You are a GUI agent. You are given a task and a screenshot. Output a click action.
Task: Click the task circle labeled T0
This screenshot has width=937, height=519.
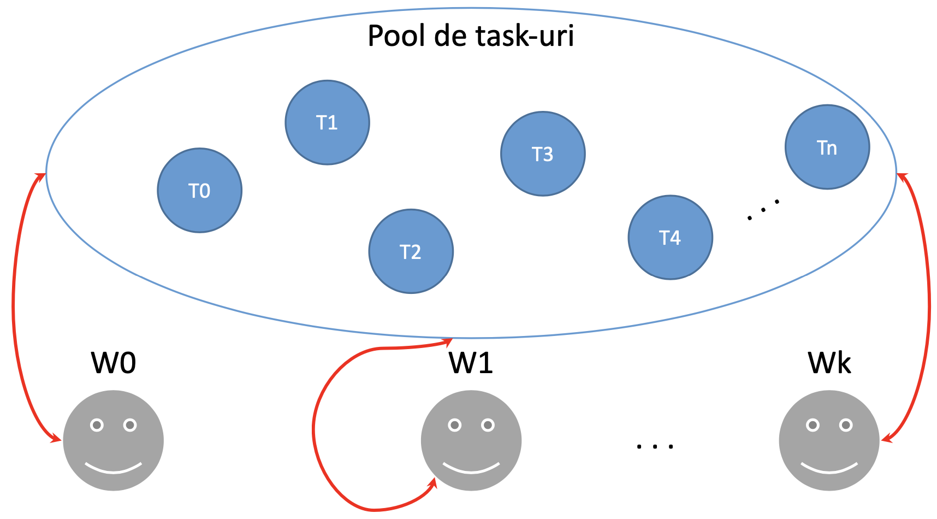tap(199, 191)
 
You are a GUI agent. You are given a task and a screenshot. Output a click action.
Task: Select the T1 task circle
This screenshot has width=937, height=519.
tap(327, 122)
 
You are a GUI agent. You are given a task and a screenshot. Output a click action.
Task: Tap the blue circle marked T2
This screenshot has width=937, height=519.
tap(411, 251)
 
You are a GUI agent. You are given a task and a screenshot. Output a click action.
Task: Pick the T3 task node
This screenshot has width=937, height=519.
tap(543, 154)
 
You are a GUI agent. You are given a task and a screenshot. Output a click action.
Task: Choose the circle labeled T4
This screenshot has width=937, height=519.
tap(670, 238)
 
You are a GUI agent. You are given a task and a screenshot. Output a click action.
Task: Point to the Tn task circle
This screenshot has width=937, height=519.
tap(827, 148)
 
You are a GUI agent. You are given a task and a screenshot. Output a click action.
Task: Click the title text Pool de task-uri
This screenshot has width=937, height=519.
tap(471, 36)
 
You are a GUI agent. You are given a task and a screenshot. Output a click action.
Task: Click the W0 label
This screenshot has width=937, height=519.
tap(114, 363)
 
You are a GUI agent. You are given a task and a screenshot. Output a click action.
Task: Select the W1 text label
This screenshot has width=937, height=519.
tap(471, 363)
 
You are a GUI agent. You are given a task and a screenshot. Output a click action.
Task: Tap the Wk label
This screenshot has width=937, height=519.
tap(829, 363)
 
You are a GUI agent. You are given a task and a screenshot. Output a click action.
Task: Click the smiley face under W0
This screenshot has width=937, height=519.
tap(114, 440)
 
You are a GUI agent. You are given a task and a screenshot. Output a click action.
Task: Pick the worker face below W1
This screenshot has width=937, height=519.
tap(471, 440)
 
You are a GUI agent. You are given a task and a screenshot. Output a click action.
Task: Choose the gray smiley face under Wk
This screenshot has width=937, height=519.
tap(829, 440)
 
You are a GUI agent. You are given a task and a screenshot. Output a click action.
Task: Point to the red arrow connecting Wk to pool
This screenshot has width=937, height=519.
tap(928, 306)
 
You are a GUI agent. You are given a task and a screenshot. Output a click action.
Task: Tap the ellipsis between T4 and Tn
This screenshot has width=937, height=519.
tap(763, 210)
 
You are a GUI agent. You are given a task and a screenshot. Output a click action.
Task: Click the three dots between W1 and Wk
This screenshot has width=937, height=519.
tap(655, 446)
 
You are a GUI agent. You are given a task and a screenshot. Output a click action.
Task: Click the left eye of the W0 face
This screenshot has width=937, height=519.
tap(97, 425)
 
